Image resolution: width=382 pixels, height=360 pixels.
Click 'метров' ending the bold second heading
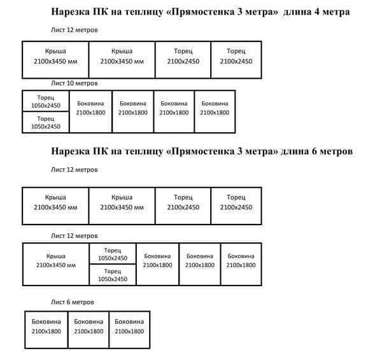[x=332, y=152]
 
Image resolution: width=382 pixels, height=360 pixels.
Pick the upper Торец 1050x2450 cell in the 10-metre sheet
[x=45, y=101]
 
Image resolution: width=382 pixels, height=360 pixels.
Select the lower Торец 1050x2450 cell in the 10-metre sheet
[x=45, y=122]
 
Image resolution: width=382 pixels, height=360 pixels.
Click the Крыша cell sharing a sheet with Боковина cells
[x=56, y=263]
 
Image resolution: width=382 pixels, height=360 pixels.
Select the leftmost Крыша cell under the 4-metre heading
[x=55, y=60]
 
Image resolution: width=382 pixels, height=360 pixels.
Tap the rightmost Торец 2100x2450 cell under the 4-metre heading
[x=236, y=60]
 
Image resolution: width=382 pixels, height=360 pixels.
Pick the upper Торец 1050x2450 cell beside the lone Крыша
[x=112, y=253]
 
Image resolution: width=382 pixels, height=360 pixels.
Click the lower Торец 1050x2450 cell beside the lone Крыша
[x=112, y=274]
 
